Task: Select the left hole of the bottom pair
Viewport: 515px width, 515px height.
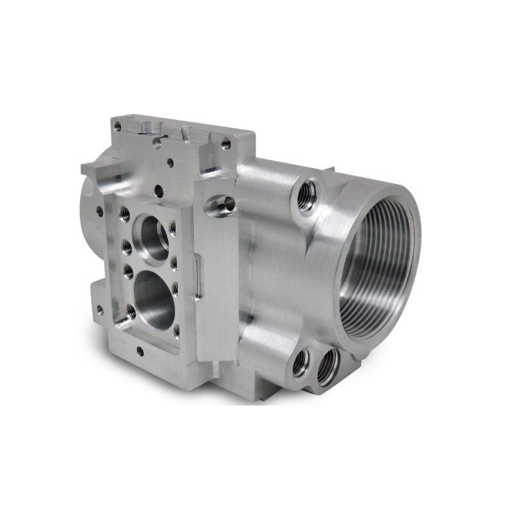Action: click(x=301, y=363)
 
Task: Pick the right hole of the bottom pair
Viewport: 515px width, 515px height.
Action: click(x=326, y=368)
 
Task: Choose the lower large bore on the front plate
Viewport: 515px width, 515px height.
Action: click(x=154, y=298)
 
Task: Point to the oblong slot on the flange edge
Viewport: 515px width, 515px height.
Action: click(x=199, y=277)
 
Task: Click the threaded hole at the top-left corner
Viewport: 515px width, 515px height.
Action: click(x=117, y=127)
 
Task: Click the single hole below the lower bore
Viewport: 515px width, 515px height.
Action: click(x=140, y=351)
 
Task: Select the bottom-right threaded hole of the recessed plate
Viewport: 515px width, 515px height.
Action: click(x=176, y=332)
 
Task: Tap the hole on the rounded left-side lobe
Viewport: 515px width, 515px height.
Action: click(x=99, y=210)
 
